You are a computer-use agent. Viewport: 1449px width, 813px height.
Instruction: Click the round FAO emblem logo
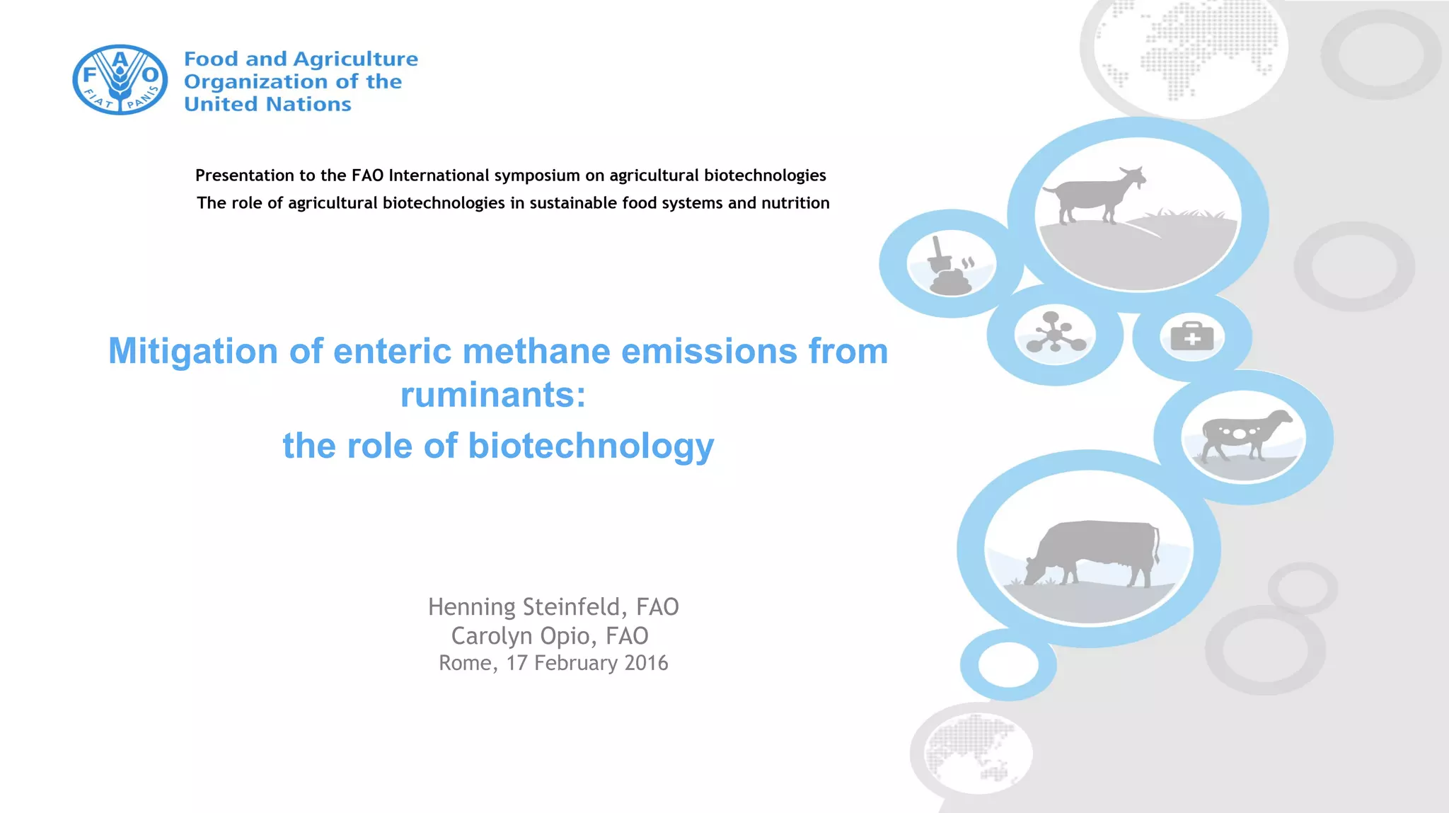(120, 80)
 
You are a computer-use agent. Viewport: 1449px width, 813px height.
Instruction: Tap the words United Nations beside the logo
(267, 105)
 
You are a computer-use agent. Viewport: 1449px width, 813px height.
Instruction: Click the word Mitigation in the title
(192, 352)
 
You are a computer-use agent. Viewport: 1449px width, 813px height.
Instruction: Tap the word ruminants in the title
(487, 395)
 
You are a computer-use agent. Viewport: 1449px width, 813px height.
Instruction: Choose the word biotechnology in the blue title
(591, 446)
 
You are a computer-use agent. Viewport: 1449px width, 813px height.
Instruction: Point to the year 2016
(646, 663)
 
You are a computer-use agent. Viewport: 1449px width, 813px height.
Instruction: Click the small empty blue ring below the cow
(1008, 664)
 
